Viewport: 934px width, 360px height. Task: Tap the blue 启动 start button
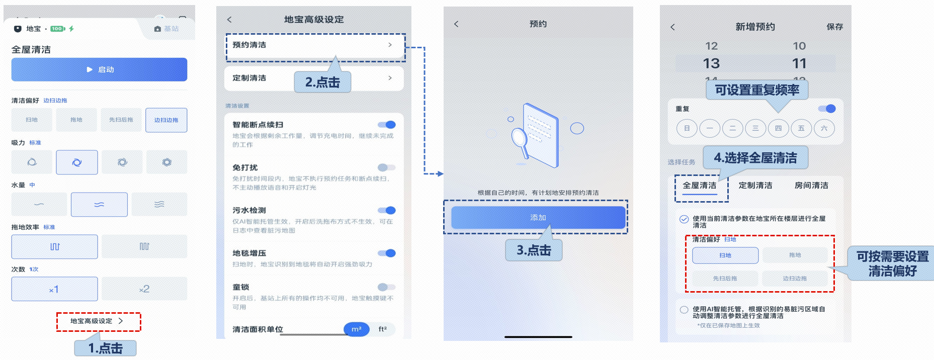pyautogui.click(x=99, y=69)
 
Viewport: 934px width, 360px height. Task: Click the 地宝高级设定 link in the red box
pyautogui.click(x=98, y=321)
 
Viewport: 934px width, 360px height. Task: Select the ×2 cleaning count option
pyautogui.click(x=144, y=289)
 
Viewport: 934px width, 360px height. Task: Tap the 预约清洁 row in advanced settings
pyautogui.click(x=315, y=45)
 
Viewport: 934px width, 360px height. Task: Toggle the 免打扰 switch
pyautogui.click(x=386, y=167)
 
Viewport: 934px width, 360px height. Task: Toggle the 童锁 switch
pyautogui.click(x=386, y=287)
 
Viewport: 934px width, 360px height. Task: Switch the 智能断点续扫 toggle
pyautogui.click(x=386, y=125)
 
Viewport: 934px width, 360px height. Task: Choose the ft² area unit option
pyautogui.click(x=382, y=329)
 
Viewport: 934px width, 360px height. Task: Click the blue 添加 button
pyautogui.click(x=538, y=218)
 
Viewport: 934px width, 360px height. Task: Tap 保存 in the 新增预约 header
pyautogui.click(x=834, y=27)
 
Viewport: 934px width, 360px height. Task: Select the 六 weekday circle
pyautogui.click(x=824, y=128)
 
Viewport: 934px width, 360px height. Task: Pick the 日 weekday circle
pyautogui.click(x=687, y=128)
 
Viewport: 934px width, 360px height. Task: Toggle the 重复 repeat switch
pyautogui.click(x=827, y=109)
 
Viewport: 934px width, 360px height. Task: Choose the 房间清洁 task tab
pyautogui.click(x=811, y=186)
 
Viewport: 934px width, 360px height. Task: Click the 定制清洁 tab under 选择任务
pyautogui.click(x=755, y=186)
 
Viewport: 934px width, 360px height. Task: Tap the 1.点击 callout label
pyautogui.click(x=106, y=348)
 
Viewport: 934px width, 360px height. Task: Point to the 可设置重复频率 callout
pyautogui.click(x=757, y=90)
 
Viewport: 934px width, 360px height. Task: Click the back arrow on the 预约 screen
pyautogui.click(x=456, y=24)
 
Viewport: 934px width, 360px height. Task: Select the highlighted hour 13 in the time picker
pyautogui.click(x=711, y=63)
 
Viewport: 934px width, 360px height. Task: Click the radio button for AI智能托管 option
pyautogui.click(x=684, y=310)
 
